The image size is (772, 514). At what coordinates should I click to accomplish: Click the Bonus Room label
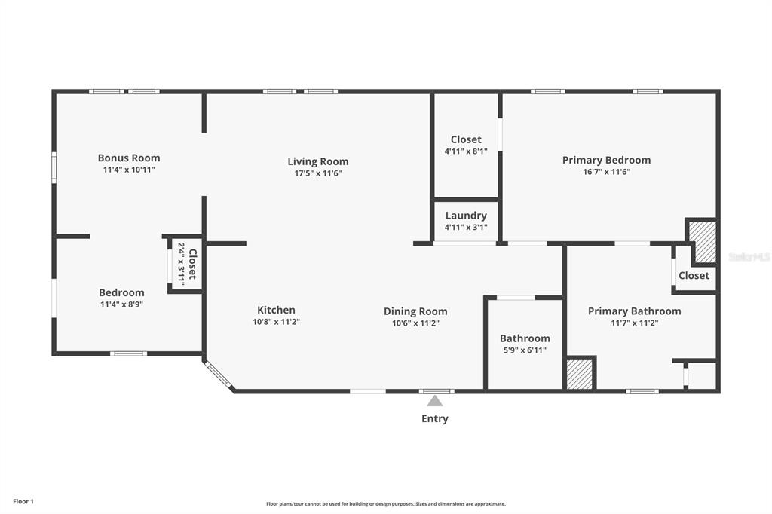[x=129, y=158]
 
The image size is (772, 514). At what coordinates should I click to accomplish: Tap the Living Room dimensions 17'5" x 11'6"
[x=318, y=173]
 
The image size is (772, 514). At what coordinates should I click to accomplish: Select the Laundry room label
[x=466, y=216]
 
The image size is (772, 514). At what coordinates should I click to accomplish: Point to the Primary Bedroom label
[x=607, y=160]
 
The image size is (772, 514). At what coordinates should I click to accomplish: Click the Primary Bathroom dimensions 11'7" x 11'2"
[x=635, y=323]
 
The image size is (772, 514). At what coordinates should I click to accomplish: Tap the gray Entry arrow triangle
[x=434, y=401]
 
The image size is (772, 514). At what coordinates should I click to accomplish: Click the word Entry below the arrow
[x=435, y=418]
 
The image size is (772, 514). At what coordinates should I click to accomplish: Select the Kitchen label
[x=276, y=311]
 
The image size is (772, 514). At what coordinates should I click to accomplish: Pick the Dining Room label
[x=415, y=312]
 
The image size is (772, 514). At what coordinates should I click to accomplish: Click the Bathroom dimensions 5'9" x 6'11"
[x=525, y=350]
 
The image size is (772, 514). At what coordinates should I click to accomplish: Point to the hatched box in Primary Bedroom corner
[x=702, y=242]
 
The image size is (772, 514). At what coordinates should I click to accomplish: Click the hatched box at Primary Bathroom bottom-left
[x=580, y=374]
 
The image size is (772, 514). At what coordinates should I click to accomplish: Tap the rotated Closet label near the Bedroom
[x=192, y=264]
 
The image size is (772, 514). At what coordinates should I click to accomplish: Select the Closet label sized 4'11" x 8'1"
[x=466, y=140]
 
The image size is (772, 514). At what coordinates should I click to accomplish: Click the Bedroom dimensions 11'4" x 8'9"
[x=121, y=304]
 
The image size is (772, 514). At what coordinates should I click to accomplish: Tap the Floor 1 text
[x=23, y=502]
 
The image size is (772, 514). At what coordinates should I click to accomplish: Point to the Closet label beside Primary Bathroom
[x=694, y=276]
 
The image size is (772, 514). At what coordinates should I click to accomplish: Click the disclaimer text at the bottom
[x=386, y=503]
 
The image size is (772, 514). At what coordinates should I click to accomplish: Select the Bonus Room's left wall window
[x=54, y=167]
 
